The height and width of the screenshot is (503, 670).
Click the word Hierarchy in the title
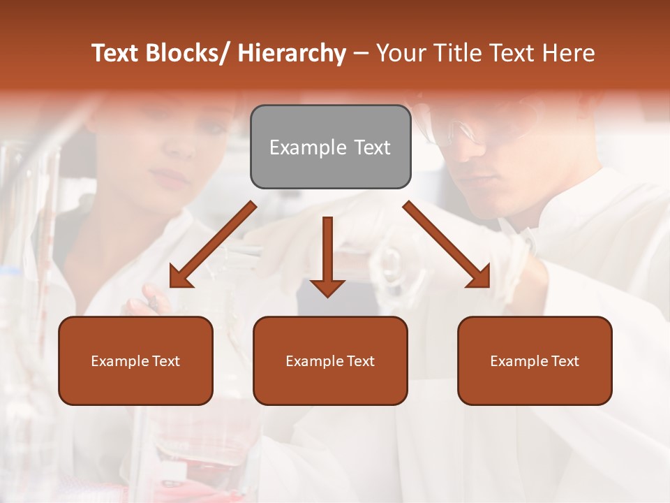point(292,53)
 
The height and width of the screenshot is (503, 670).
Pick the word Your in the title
point(402,53)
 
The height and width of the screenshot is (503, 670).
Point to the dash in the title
point(361,53)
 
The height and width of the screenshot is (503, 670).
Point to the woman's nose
point(183,150)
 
